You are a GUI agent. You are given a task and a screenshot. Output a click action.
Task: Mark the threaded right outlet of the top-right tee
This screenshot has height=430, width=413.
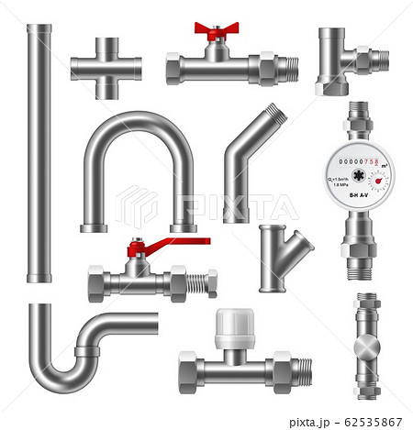click(378, 60)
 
